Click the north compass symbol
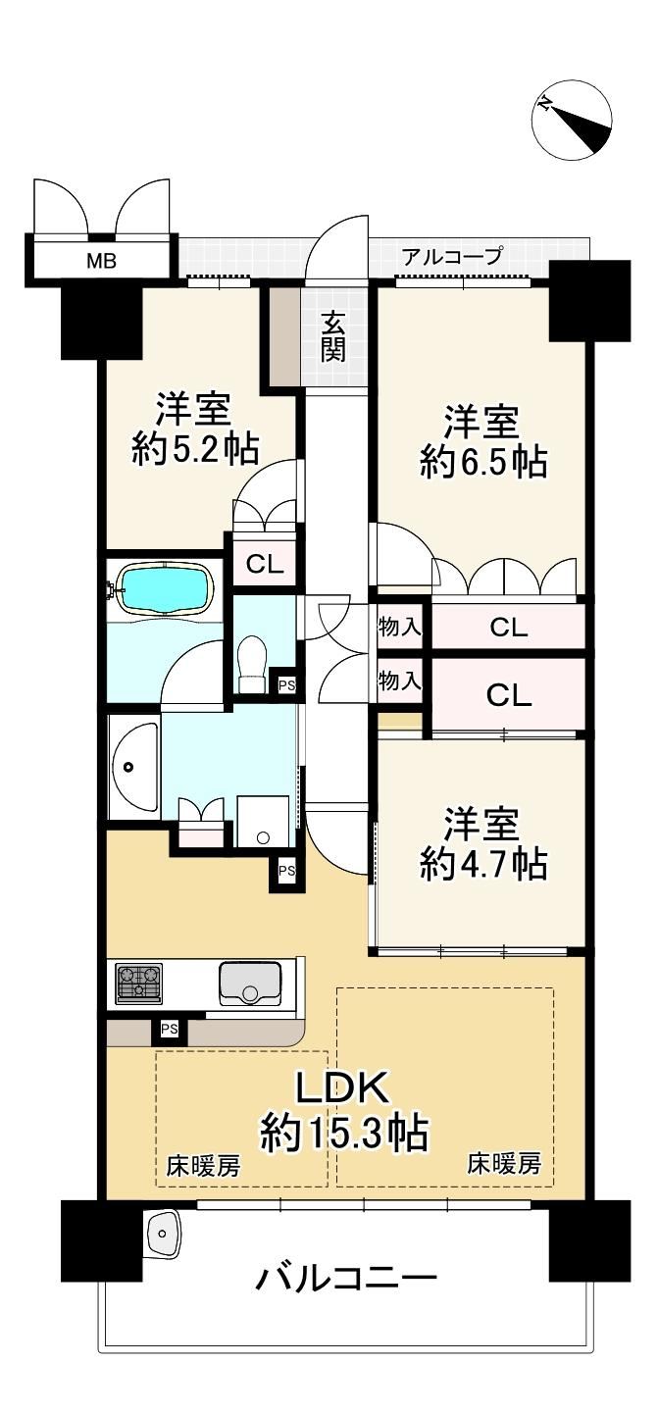click(572, 120)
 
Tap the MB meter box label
click(102, 261)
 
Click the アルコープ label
click(452, 256)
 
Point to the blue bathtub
click(165, 587)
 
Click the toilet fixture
click(253, 663)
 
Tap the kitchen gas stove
click(138, 983)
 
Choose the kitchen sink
click(249, 984)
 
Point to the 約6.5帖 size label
click(483, 464)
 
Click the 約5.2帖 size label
click(195, 449)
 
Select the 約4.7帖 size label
click(483, 865)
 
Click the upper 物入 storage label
click(399, 627)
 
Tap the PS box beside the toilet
click(286, 684)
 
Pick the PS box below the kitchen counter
click(169, 1030)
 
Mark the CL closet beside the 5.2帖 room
click(265, 565)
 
